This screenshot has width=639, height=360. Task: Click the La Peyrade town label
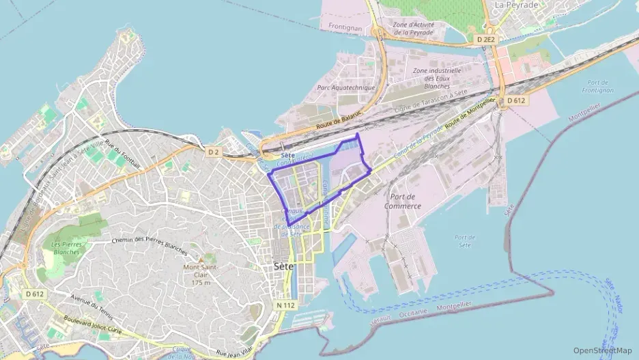[x=517, y=5]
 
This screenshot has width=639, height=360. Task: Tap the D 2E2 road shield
[x=485, y=40]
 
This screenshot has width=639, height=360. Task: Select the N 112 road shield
[x=287, y=305]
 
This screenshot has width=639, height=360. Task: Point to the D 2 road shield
[x=214, y=151]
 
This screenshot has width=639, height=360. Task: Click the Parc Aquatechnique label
[x=347, y=88]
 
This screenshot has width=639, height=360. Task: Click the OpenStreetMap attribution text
[x=603, y=350]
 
